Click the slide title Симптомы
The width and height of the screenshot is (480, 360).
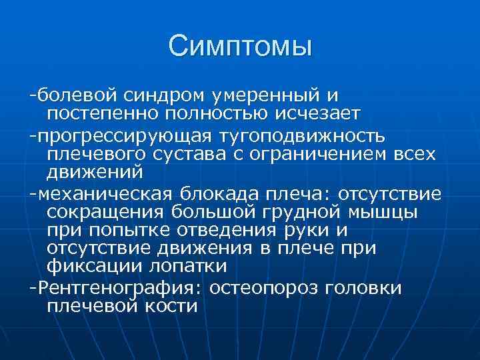[x=240, y=46]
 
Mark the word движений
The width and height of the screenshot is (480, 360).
[x=95, y=172]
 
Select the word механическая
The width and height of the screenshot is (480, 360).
[x=103, y=194]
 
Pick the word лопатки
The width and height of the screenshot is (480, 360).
[x=187, y=266]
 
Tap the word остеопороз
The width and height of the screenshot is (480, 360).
[x=283, y=288]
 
